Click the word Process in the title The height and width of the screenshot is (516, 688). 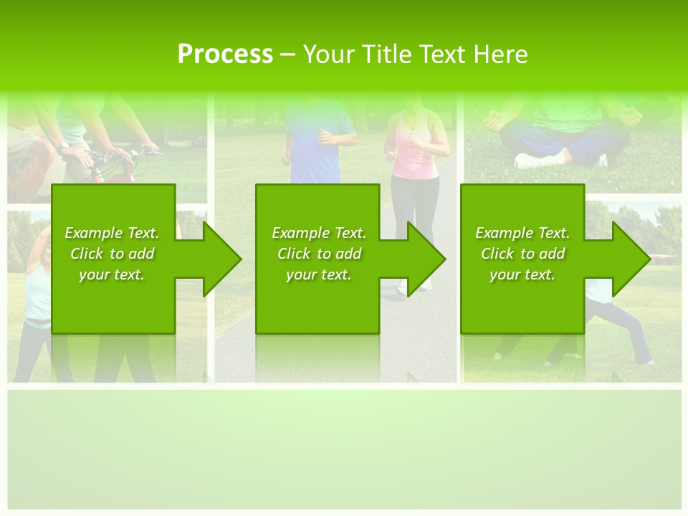point(225,54)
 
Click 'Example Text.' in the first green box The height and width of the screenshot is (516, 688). point(112,233)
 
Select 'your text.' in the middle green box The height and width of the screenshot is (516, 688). point(319,274)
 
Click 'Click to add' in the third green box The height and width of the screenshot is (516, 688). point(522,254)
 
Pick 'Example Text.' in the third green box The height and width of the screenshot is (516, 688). point(522,233)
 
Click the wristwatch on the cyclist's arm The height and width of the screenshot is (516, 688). point(64,145)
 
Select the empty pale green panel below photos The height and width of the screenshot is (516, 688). point(344,448)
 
